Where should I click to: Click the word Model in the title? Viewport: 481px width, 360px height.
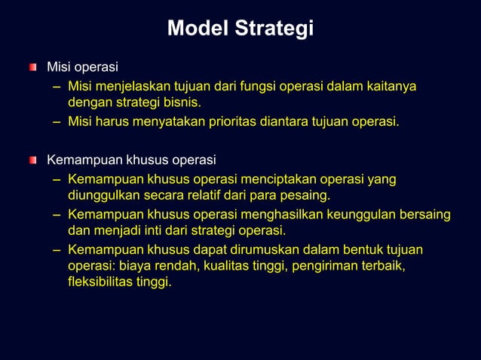pos(198,29)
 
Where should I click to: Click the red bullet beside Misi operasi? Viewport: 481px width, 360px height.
pos(32,69)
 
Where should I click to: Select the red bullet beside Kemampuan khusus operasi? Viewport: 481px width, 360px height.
pos(32,160)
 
